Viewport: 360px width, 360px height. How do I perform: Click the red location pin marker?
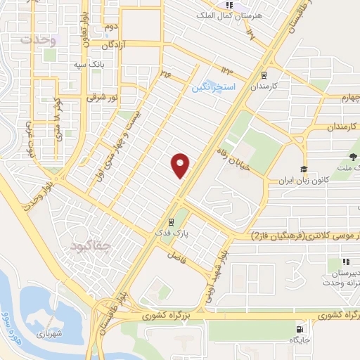[181, 165]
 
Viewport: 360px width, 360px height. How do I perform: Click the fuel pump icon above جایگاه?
[302, 328]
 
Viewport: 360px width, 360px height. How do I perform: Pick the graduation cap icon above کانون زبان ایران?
[303, 169]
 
